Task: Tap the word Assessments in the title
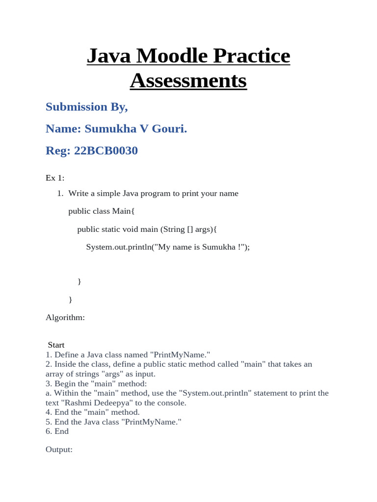point(188,80)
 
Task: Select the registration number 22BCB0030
point(106,151)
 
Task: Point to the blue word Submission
point(76,107)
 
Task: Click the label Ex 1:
point(55,178)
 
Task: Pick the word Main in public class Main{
point(123,211)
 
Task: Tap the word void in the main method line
point(135,229)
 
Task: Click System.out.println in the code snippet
point(119,247)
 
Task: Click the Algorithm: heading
point(65,318)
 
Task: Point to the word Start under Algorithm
point(56,345)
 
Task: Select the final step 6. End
point(57,431)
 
